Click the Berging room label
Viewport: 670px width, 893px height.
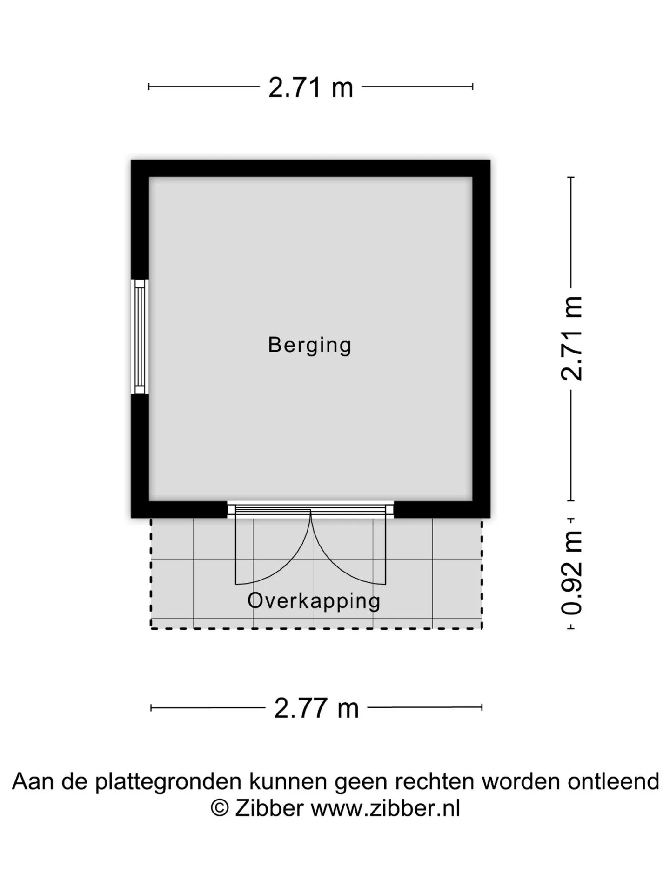tap(309, 346)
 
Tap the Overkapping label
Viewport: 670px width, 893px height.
tap(314, 601)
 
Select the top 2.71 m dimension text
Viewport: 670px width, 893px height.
tap(311, 87)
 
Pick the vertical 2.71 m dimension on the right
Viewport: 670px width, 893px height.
tap(572, 339)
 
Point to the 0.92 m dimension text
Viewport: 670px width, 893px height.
tap(572, 573)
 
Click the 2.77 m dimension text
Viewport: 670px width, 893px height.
tap(316, 708)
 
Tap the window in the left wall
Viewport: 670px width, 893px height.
tap(140, 337)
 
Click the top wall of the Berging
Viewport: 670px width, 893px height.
tap(311, 168)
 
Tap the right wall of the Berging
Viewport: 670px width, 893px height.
tap(482, 339)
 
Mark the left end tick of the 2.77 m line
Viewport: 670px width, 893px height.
tap(151, 708)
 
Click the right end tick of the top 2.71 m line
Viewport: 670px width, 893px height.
tap(473, 87)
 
